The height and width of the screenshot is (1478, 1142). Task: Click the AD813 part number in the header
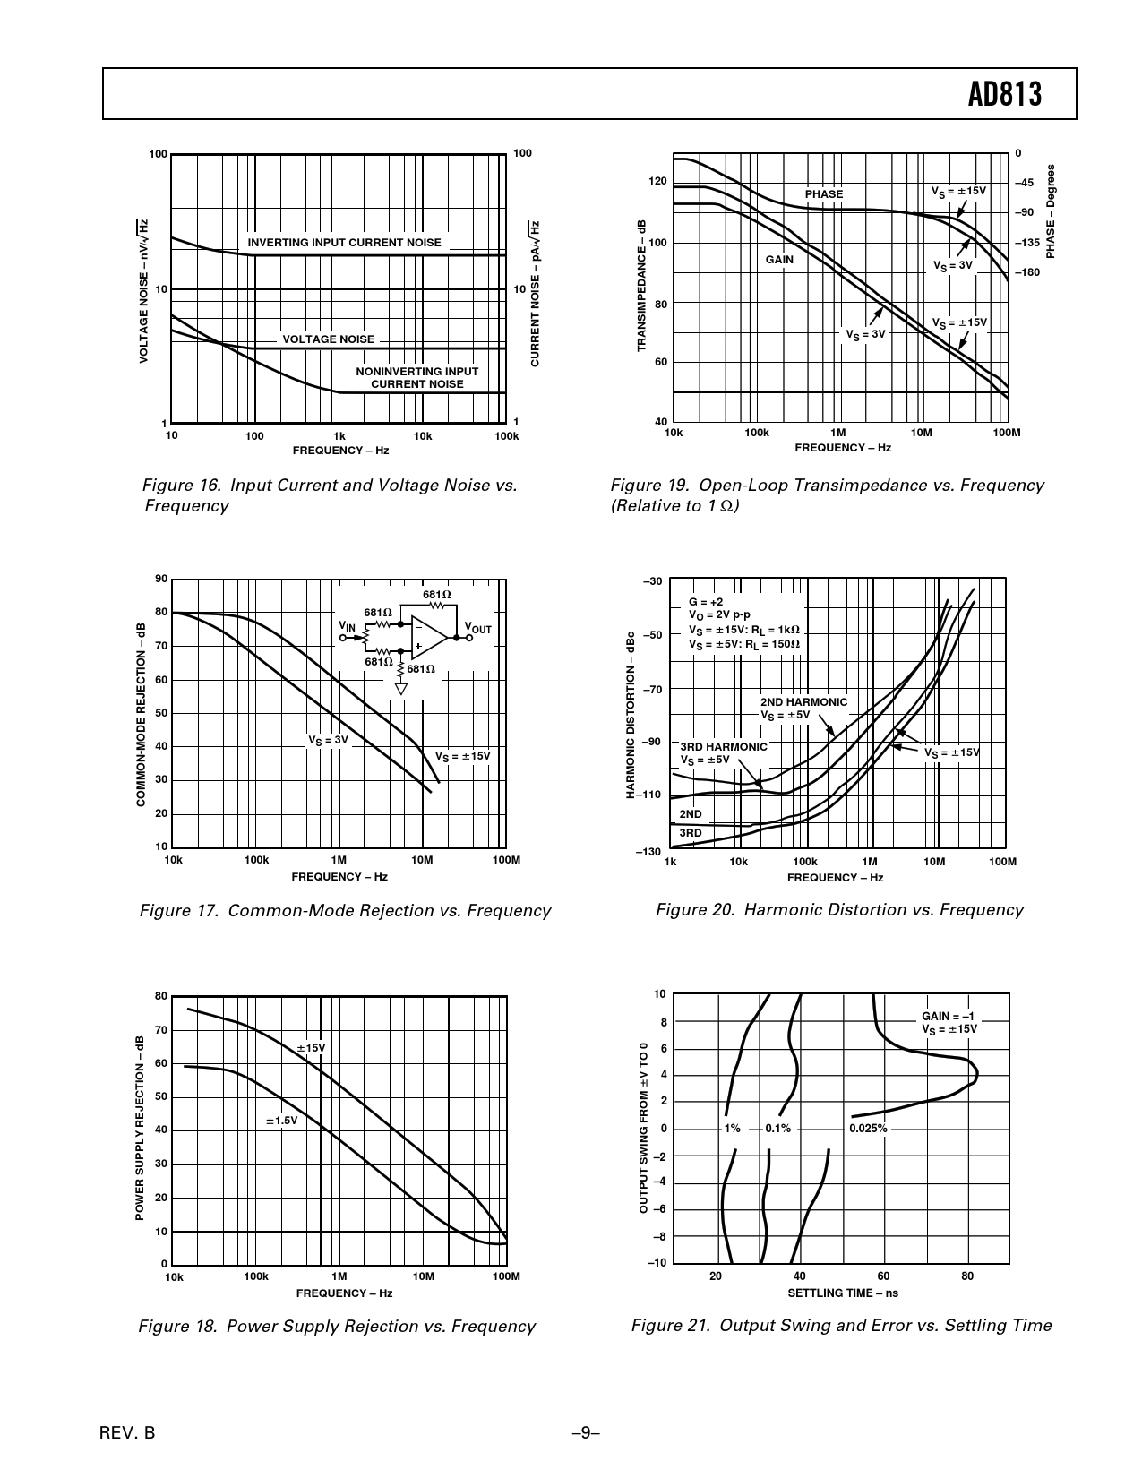pyautogui.click(x=1005, y=95)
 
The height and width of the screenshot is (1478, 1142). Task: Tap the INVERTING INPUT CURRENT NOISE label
pyautogui.click(x=344, y=243)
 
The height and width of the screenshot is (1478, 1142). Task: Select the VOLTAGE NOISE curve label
pyautogui.click(x=328, y=339)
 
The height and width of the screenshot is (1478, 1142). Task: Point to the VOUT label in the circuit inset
pyautogui.click(x=477, y=629)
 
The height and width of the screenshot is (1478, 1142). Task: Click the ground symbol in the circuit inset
pyautogui.click(x=401, y=689)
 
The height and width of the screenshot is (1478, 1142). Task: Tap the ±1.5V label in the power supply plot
pyautogui.click(x=281, y=1120)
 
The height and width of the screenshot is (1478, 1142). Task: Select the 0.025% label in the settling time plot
pyautogui.click(x=868, y=1129)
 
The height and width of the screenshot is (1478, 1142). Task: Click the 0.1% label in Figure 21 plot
pyautogui.click(x=777, y=1129)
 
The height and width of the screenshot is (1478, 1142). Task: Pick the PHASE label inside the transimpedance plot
pyautogui.click(x=823, y=194)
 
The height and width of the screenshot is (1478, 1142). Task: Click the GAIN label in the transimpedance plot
pyautogui.click(x=779, y=260)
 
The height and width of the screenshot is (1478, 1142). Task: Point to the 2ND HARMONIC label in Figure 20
pyautogui.click(x=803, y=702)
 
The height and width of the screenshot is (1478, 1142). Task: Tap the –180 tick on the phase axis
pyautogui.click(x=1026, y=271)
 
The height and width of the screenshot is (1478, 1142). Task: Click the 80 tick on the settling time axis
pyautogui.click(x=967, y=1276)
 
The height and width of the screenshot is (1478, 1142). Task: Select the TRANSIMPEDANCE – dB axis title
pyautogui.click(x=641, y=286)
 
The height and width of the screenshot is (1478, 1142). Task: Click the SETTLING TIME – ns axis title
pyautogui.click(x=842, y=1293)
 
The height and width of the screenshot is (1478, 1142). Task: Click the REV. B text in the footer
pyautogui.click(x=128, y=1432)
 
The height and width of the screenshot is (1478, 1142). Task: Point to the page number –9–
pyautogui.click(x=585, y=1432)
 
